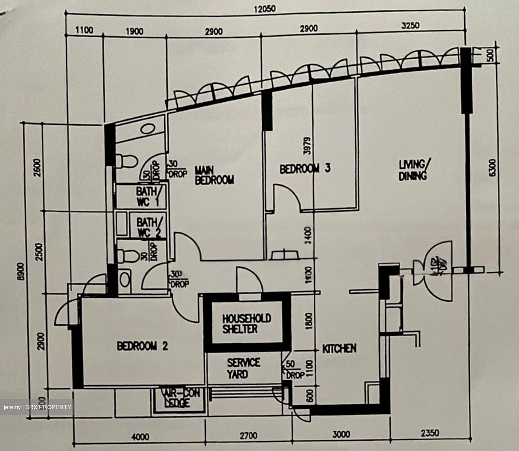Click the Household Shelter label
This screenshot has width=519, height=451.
(247, 323)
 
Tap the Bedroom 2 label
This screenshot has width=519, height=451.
(142, 346)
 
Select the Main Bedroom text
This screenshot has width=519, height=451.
(214, 175)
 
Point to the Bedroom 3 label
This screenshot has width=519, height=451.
(305, 169)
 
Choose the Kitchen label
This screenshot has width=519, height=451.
(339, 348)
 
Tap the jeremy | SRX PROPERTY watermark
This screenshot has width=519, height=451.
(37, 407)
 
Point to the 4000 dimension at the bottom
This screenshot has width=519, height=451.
(140, 437)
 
